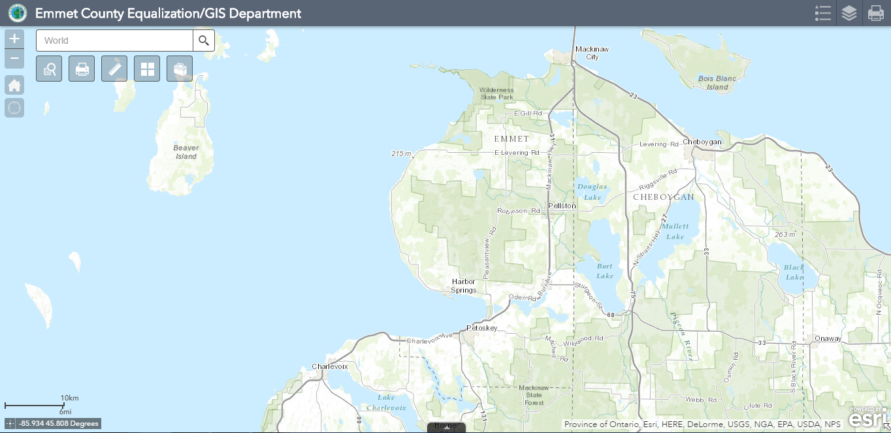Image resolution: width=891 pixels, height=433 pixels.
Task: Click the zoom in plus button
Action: pyautogui.click(x=14, y=39)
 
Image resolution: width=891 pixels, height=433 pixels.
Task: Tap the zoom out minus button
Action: pyautogui.click(x=14, y=59)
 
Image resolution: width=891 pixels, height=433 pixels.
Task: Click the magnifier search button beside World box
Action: pyautogui.click(x=204, y=40)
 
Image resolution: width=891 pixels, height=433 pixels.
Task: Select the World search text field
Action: pyautogui.click(x=114, y=40)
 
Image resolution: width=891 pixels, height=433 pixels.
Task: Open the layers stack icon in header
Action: pyautogui.click(x=849, y=13)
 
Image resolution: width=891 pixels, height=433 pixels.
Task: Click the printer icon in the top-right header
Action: pyautogui.click(x=875, y=13)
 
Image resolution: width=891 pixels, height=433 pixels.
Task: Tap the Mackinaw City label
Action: pyautogui.click(x=592, y=53)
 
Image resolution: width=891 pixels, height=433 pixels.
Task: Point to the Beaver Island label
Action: pyautogui.click(x=186, y=152)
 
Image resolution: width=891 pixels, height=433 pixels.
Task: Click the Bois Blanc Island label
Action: pyautogui.click(x=717, y=83)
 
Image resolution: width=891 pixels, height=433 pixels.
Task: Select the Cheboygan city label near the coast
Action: pyautogui.click(x=702, y=142)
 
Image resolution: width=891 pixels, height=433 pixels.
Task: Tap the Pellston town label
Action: pyautogui.click(x=562, y=206)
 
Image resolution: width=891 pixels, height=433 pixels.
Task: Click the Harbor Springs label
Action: pyautogui.click(x=464, y=286)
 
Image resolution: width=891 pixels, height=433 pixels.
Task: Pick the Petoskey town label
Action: pyautogui.click(x=482, y=327)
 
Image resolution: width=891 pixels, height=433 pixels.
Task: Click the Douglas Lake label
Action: pyautogui.click(x=592, y=191)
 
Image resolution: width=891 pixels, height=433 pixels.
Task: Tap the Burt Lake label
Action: pyautogui.click(x=605, y=271)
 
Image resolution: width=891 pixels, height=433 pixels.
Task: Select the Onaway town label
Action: pyautogui.click(x=828, y=338)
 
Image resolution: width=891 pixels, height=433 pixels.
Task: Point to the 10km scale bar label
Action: pyautogui.click(x=69, y=398)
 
